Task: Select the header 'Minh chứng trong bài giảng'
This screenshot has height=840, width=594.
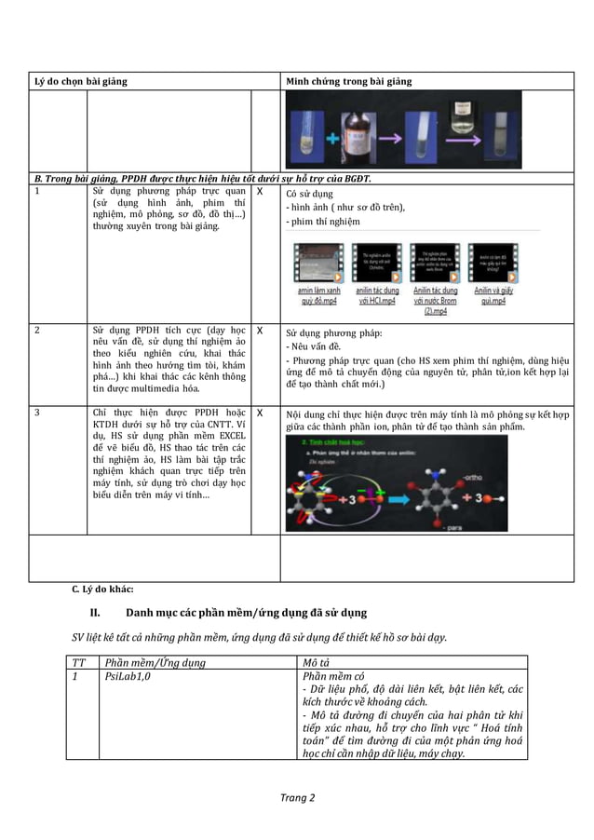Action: [x=348, y=82]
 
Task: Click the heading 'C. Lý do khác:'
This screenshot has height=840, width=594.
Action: [x=102, y=589]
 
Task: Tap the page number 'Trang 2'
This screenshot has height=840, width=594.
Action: [x=297, y=798]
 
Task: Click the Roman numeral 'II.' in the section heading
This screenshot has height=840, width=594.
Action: [x=95, y=613]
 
